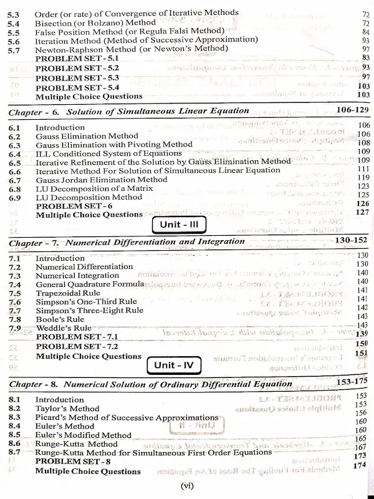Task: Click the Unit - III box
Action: (179, 225)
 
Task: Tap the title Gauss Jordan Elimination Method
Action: (102, 179)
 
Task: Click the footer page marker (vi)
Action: (187, 486)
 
